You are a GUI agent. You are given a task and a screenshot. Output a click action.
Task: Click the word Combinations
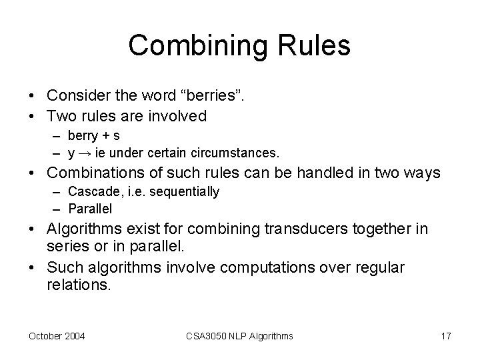pos(99,173)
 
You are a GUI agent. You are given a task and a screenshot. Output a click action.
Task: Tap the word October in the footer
pos(45,336)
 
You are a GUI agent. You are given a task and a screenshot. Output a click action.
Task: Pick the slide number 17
pos(445,336)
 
